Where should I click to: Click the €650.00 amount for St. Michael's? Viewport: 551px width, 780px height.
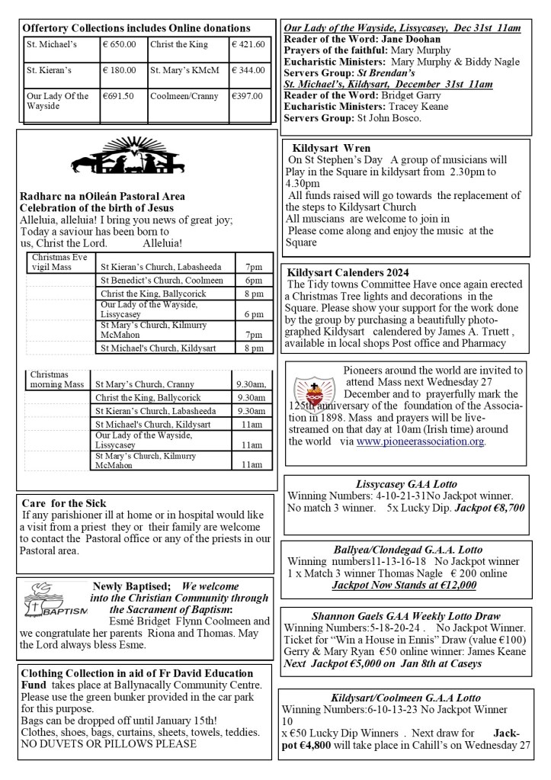click(x=120, y=44)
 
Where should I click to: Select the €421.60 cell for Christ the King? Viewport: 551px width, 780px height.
click(x=249, y=44)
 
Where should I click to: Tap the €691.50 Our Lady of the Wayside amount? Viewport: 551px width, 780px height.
click(x=118, y=96)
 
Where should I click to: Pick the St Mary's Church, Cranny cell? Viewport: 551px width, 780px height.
click(x=143, y=384)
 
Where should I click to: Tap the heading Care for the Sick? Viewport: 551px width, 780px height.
click(x=64, y=503)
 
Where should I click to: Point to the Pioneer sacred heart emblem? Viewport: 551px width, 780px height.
click(x=309, y=389)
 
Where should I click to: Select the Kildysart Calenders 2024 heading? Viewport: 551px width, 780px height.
click(x=348, y=272)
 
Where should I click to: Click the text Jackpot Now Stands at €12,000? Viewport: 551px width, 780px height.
click(x=404, y=585)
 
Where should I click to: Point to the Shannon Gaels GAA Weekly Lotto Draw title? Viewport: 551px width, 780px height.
click(x=405, y=615)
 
